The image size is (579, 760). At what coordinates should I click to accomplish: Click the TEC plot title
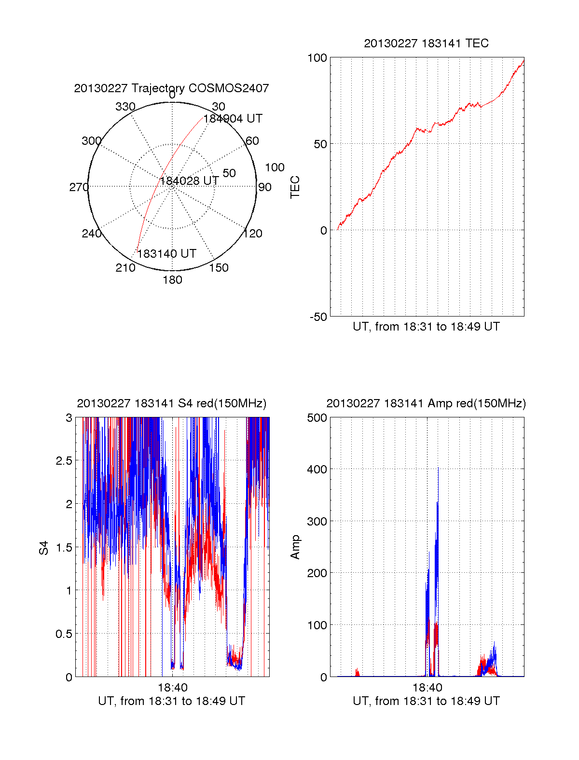426,43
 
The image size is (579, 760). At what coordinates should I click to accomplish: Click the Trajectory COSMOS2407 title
171,88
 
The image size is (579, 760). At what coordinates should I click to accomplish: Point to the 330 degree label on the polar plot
125,107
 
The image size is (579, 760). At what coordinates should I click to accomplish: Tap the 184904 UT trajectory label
233,119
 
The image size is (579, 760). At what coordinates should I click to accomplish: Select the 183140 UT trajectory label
166,254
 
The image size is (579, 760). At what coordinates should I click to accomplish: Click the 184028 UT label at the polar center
189,181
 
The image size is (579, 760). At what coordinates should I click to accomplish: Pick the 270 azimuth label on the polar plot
79,187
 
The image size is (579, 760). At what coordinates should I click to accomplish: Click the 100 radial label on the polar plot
275,167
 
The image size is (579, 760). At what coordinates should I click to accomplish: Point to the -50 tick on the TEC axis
318,317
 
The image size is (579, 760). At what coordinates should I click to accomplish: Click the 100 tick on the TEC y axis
317,58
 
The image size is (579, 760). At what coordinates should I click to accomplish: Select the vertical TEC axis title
295,187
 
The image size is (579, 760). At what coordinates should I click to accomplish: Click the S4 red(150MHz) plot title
171,403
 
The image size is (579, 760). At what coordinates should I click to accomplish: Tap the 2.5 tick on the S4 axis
64,461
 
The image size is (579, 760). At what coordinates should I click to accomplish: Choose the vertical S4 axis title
44,548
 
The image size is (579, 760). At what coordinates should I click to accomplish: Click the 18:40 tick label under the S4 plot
172,687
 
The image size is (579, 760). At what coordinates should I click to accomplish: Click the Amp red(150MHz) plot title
426,403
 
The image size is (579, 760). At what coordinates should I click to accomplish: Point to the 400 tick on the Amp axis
317,469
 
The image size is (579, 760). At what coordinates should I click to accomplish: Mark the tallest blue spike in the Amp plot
438,468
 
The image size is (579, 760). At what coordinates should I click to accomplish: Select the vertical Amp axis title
295,547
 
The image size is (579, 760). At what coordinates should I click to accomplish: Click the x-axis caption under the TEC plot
426,327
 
